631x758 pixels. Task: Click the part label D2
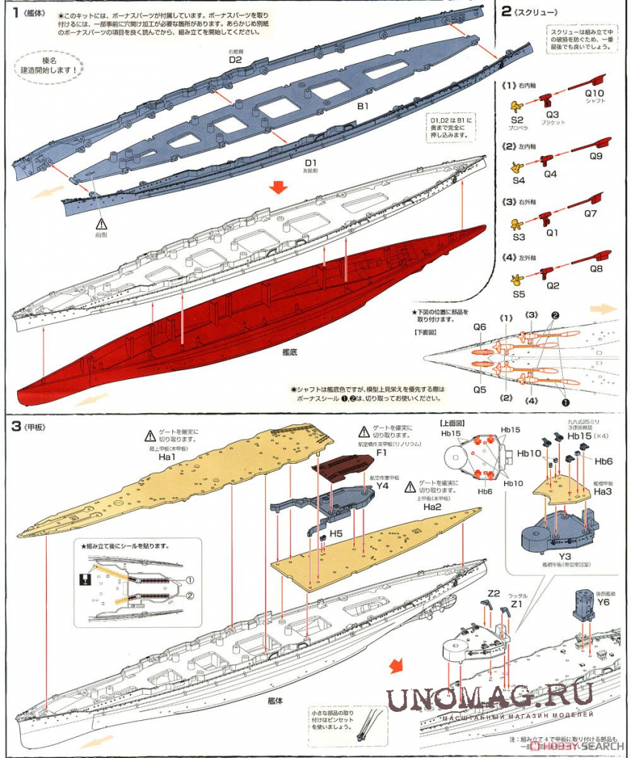pos(235,59)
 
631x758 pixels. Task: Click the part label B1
pos(362,106)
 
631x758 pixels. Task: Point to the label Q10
pos(595,94)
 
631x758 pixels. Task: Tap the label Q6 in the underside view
pos(480,327)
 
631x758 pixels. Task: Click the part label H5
pos(336,534)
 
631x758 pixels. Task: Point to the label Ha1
pos(167,458)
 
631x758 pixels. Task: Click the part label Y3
pos(564,555)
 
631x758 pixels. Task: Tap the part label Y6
pos(602,603)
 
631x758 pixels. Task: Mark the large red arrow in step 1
pos(278,187)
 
